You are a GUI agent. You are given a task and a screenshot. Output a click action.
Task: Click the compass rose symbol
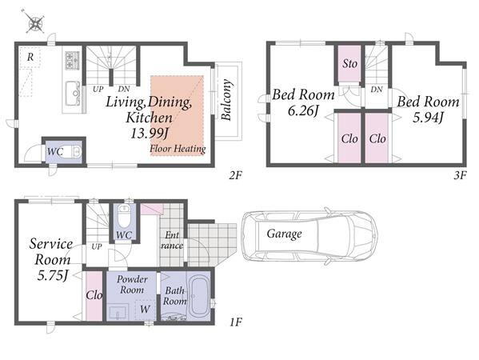(34, 22)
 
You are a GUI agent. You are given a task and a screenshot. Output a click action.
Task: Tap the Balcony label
(226, 100)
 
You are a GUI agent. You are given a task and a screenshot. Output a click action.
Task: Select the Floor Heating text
(178, 149)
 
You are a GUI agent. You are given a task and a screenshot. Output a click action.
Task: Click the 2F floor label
(236, 175)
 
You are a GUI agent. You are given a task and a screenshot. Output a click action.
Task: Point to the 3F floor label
(460, 175)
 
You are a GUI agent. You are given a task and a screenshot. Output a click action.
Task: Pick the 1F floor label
(236, 322)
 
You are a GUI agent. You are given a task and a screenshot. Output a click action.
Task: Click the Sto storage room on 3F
(349, 64)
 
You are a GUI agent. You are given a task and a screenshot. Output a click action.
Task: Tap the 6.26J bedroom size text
(303, 111)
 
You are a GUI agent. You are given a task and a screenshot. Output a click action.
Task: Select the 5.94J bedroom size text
(428, 118)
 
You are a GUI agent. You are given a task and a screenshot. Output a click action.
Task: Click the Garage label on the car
(284, 234)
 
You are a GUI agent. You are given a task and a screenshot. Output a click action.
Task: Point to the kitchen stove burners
(72, 61)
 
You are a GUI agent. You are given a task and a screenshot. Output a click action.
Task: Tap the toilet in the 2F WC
(76, 151)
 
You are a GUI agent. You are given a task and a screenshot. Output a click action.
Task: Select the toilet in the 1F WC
(124, 215)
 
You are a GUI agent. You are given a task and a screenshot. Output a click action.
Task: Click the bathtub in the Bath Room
(198, 297)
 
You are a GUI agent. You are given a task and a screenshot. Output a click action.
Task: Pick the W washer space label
(145, 309)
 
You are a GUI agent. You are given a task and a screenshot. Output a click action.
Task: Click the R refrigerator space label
(30, 57)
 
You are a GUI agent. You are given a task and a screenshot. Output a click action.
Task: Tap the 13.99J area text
(150, 134)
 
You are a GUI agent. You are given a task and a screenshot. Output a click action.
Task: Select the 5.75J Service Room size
(52, 275)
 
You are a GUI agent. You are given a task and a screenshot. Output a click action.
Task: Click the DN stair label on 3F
(377, 90)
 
